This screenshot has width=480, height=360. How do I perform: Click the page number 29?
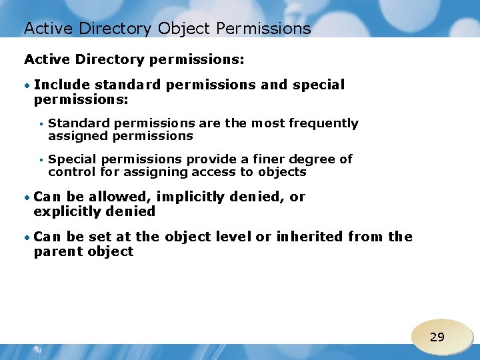click(x=437, y=337)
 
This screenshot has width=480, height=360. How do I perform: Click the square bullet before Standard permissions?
click(x=41, y=124)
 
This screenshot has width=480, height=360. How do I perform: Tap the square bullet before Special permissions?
click(x=41, y=160)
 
